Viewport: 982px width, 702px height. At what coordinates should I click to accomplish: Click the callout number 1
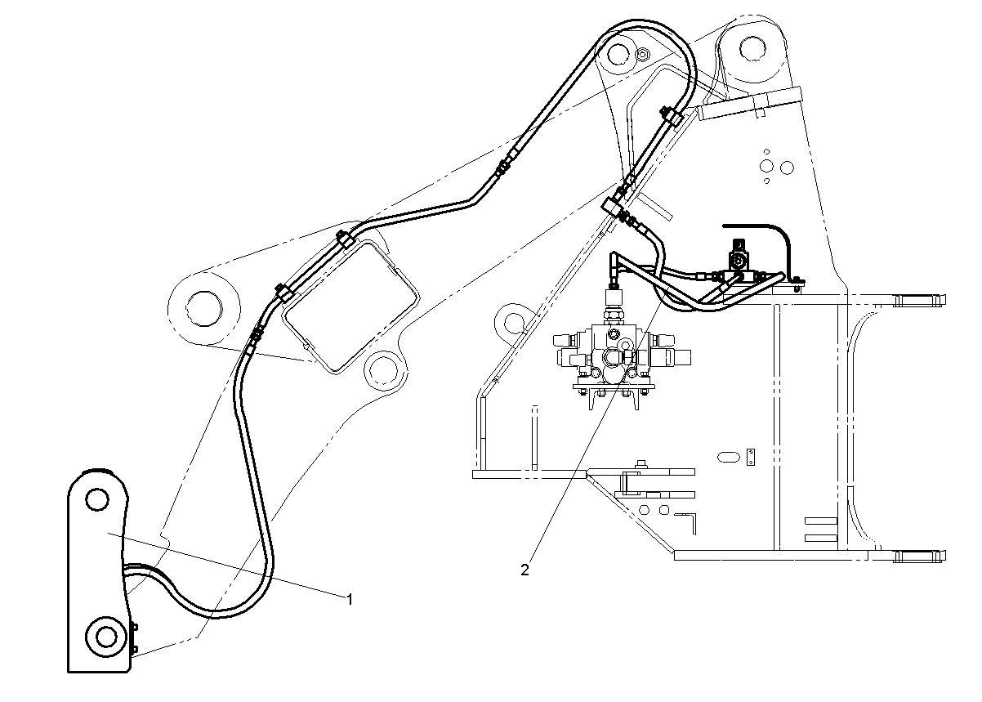pos(350,599)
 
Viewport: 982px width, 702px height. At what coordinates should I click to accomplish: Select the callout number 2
pos(525,570)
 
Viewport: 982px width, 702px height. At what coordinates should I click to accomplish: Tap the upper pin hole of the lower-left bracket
pos(97,498)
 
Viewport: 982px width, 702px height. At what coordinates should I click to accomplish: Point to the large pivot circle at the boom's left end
pos(203,307)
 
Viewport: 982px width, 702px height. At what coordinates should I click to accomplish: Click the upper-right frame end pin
pos(922,300)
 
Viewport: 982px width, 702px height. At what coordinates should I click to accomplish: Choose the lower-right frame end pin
pos(922,556)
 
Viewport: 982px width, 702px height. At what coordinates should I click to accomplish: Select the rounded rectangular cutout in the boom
pos(350,307)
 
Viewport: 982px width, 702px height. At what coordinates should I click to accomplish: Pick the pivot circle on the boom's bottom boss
pos(381,369)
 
